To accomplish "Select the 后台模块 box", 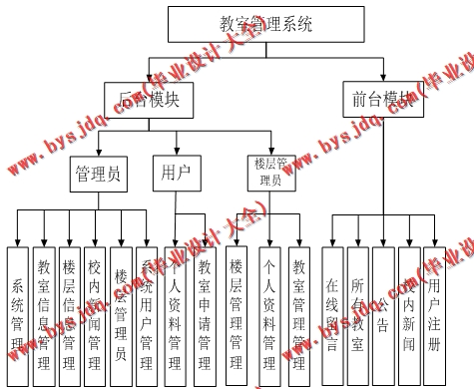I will (148, 99).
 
